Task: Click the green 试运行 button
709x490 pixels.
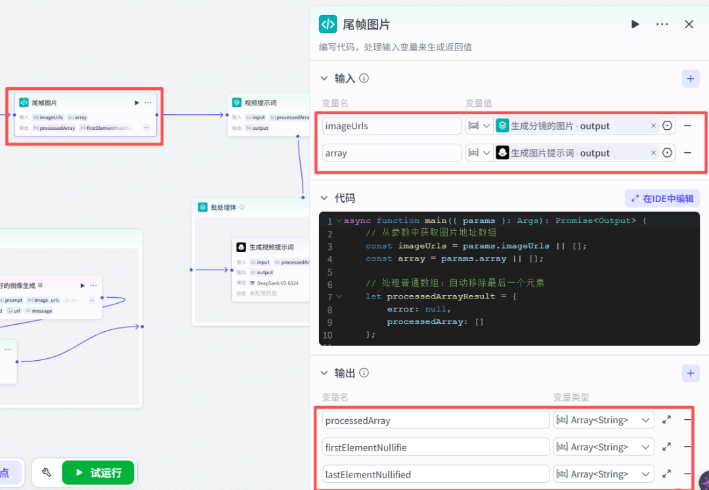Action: point(98,472)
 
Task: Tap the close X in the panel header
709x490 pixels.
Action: point(689,24)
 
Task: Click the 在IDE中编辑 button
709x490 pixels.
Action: point(662,198)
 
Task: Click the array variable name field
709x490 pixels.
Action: point(392,153)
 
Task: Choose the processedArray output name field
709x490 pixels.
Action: point(435,420)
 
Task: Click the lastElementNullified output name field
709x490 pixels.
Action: point(435,474)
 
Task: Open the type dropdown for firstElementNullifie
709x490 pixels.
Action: point(603,447)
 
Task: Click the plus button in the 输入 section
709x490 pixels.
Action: point(690,79)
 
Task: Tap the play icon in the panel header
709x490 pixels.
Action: point(635,24)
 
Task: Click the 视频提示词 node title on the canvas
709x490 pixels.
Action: point(260,102)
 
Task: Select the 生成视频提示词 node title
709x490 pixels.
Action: point(271,247)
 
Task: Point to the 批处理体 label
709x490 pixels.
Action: point(223,207)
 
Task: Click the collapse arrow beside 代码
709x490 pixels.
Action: point(324,198)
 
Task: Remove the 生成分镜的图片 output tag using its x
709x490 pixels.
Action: point(653,126)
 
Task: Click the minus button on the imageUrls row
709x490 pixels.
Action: point(687,126)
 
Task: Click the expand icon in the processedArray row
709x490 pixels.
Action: point(666,420)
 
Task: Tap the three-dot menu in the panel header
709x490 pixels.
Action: point(662,24)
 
